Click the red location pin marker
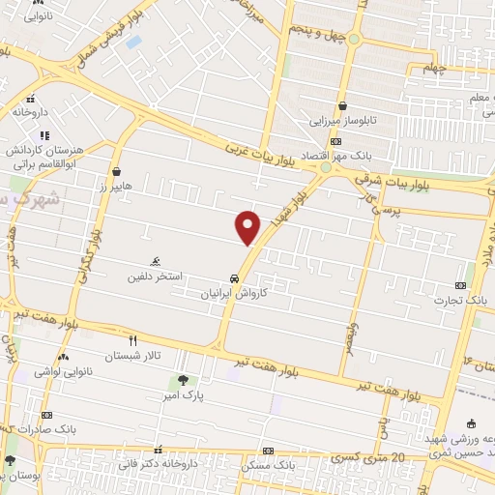pos(248,227)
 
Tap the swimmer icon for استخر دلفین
pos(155,262)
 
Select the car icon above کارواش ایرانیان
pos(234,277)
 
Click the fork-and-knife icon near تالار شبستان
pos(133,340)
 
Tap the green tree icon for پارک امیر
pos(181,378)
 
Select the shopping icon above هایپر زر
pos(116,171)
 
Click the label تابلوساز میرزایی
pos(341,122)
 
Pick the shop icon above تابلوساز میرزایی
pos(342,107)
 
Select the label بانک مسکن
pos(268,466)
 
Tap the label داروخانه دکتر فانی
pos(159,465)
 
